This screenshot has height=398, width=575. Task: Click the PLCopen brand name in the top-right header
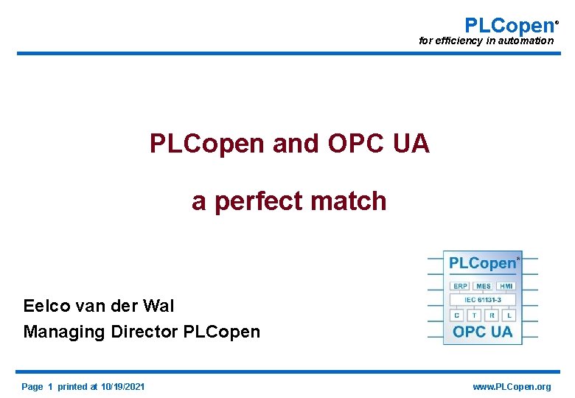(509, 25)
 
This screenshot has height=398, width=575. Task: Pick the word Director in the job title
(144, 332)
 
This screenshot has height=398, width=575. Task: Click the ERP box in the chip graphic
(460, 286)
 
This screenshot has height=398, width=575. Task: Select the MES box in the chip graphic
(484, 286)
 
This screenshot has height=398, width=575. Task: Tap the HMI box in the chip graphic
(506, 286)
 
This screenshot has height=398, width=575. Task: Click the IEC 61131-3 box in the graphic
(483, 300)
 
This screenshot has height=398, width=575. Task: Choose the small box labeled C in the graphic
(457, 315)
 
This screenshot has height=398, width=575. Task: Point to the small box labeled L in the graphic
(509, 315)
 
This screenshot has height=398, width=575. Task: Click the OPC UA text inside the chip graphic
(483, 332)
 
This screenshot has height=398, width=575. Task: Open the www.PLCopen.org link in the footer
(512, 387)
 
